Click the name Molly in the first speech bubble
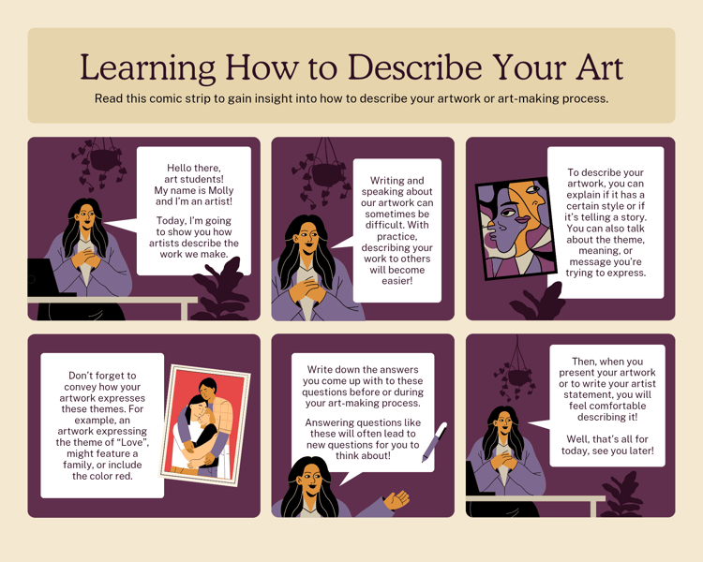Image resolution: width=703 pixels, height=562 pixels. pyautogui.click(x=220, y=190)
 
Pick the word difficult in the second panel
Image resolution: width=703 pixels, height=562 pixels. pyautogui.click(x=396, y=225)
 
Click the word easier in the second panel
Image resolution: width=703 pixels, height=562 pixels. pyautogui.click(x=396, y=281)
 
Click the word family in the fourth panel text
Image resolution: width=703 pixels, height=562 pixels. pyautogui.click(x=78, y=465)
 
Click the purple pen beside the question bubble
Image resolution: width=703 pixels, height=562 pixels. pyautogui.click(x=434, y=442)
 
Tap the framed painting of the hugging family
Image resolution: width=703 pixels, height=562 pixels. pyautogui.click(x=205, y=425)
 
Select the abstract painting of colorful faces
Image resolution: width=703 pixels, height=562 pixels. pyautogui.click(x=516, y=229)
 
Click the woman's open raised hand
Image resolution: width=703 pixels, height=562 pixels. pyautogui.click(x=397, y=499)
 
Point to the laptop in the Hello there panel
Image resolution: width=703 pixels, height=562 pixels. pyautogui.click(x=42, y=278)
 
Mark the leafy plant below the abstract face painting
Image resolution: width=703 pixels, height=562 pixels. pyautogui.click(x=538, y=303)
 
